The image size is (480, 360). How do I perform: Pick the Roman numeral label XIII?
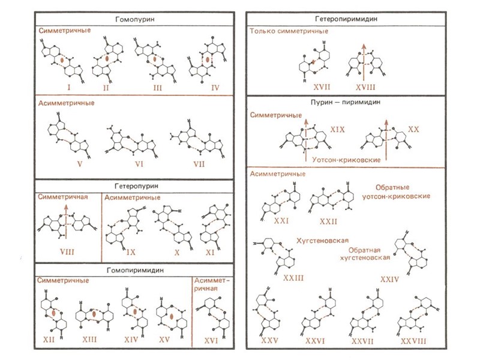click(91, 340)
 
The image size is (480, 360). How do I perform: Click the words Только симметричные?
click(289, 31)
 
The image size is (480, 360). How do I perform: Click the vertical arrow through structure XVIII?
click(362, 60)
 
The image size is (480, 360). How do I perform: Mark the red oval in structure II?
click(106, 60)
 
